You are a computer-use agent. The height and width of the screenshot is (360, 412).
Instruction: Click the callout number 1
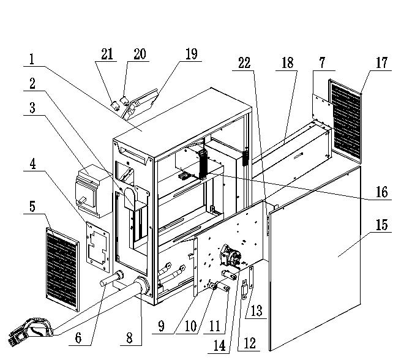pyautogui.click(x=32, y=59)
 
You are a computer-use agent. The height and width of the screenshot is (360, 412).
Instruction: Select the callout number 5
pyautogui.click(x=31, y=206)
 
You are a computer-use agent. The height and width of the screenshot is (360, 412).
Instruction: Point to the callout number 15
pyautogui.click(x=381, y=225)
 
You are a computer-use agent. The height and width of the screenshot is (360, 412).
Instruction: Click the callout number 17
pyautogui.click(x=383, y=63)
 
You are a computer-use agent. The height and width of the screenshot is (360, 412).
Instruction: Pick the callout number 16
pyautogui.click(x=381, y=192)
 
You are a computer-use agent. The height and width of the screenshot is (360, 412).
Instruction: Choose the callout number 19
pyautogui.click(x=191, y=54)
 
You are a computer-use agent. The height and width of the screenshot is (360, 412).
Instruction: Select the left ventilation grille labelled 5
pyautogui.click(x=62, y=268)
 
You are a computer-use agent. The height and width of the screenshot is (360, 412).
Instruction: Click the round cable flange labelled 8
pyautogui.click(x=140, y=288)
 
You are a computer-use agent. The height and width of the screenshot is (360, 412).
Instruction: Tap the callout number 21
pyautogui.click(x=107, y=54)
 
